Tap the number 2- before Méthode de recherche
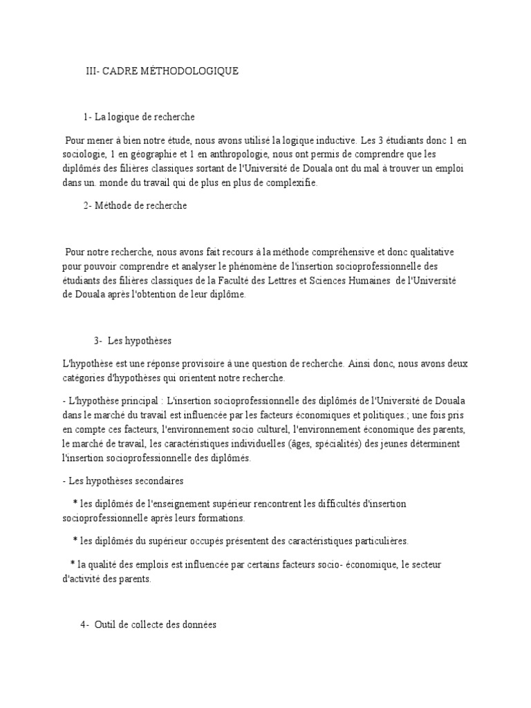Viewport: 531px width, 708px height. click(x=88, y=205)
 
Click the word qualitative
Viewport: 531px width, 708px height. click(x=428, y=252)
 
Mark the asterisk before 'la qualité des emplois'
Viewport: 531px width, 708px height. click(x=73, y=565)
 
